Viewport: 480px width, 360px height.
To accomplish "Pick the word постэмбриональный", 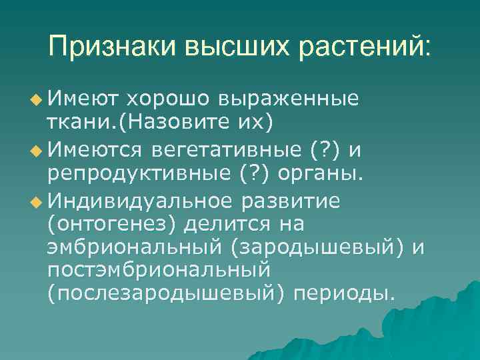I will [x=157, y=271].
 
